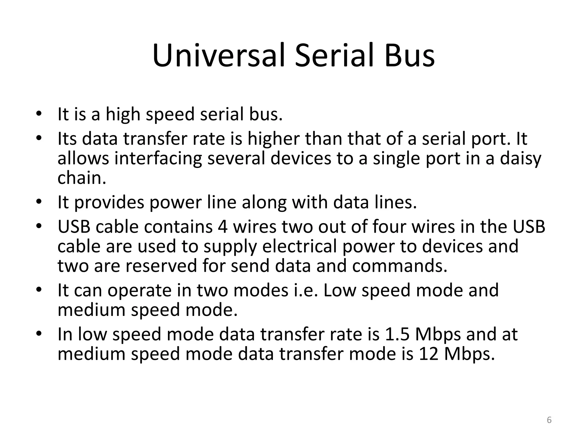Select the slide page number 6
[x=549, y=420]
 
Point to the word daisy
[x=521, y=158]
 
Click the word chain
[x=82, y=178]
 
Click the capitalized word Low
[x=340, y=290]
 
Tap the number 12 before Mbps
[x=429, y=354]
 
